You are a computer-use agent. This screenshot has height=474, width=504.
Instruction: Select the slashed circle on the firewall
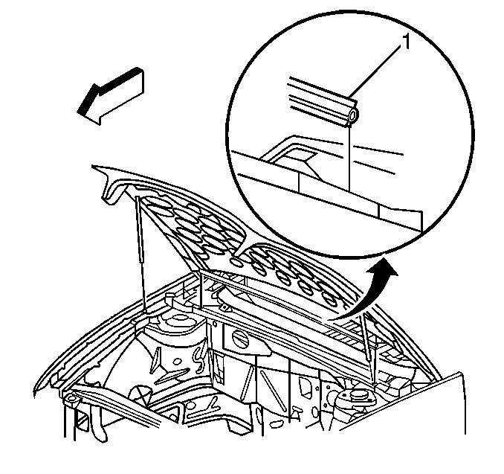241,339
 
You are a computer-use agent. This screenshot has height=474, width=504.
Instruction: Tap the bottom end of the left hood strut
142,304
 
